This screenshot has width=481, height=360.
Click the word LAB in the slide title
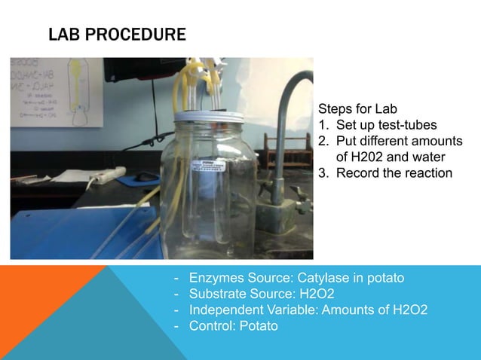[x=63, y=35]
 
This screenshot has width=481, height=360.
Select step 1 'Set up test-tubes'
[x=386, y=125]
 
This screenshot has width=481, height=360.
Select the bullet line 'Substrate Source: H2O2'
[x=262, y=294]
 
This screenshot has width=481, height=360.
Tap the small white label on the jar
[x=207, y=166]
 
